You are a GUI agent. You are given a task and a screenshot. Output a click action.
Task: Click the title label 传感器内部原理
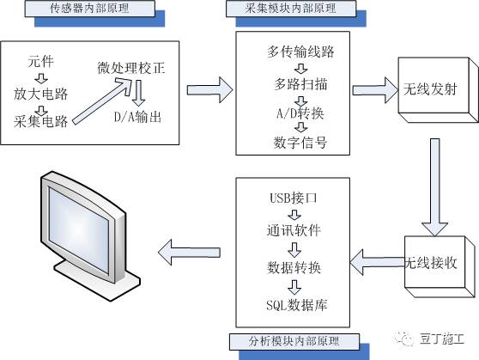89,9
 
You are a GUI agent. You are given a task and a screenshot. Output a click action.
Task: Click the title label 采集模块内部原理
291,9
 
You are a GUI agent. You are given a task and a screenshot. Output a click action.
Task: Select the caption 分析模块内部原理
294,341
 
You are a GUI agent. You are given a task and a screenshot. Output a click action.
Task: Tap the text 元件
41,62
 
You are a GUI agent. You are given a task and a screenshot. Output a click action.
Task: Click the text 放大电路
40,94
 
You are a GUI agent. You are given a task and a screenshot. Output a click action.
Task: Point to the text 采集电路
40,121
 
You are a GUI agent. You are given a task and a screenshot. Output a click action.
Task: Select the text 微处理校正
131,68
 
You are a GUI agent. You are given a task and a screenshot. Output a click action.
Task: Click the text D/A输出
137,117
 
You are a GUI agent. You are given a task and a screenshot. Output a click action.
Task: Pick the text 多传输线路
300,52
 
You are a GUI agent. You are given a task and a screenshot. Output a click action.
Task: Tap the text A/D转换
300,113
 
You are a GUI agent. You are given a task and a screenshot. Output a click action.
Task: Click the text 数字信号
300,143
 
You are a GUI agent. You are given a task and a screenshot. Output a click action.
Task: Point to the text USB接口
294,198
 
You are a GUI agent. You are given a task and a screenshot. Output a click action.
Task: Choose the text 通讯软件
294,230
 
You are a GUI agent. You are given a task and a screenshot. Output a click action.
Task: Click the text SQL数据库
297,305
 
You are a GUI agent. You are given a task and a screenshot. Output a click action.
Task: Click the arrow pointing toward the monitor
189,253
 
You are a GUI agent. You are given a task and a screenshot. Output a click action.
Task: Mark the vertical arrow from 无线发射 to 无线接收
434,187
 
